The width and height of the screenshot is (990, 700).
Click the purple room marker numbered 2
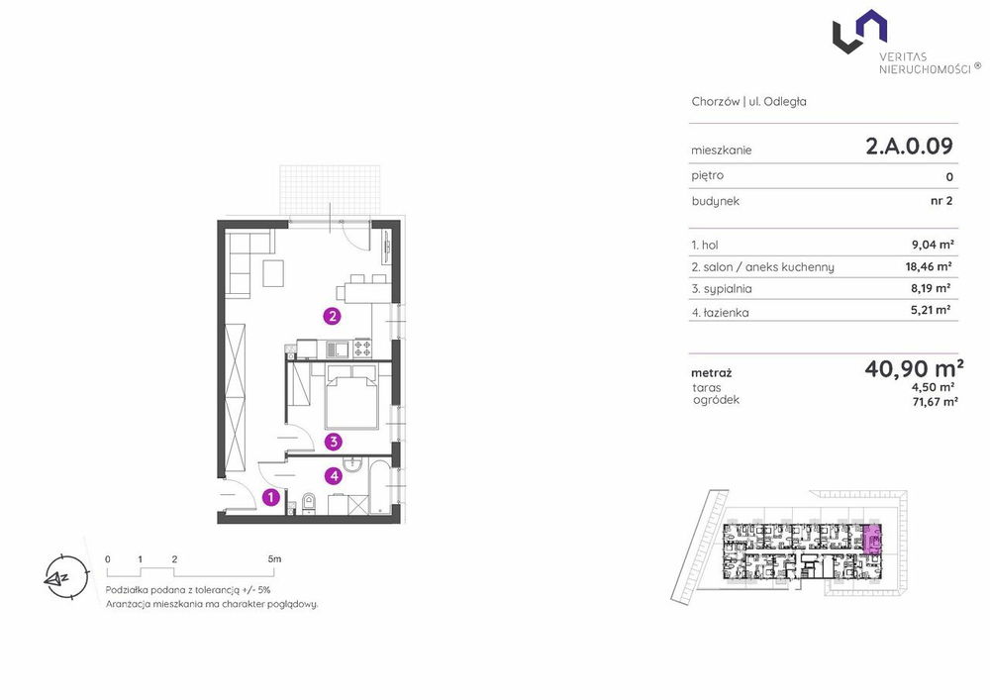coord(332,316)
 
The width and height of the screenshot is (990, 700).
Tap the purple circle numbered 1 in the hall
coord(271,497)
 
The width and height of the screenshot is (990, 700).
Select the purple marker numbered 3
coord(334,442)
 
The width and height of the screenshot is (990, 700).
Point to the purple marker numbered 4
coord(334,476)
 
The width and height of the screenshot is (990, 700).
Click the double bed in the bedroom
coord(351,398)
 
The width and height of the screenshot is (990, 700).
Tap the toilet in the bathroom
coord(309,503)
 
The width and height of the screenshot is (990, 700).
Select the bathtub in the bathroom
coord(380,488)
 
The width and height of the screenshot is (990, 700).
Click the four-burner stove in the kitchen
coord(362,348)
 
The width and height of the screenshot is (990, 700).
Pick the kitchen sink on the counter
coord(336,348)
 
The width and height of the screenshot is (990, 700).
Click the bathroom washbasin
coord(351,465)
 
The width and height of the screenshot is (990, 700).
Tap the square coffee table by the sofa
coord(273,272)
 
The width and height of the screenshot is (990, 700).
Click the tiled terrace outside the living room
coord(331,192)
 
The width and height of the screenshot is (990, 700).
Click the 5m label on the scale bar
coord(274,559)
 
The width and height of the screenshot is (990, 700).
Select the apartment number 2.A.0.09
coord(909,147)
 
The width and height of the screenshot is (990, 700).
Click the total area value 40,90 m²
coord(914,368)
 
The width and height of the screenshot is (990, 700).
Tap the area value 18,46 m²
coord(929,266)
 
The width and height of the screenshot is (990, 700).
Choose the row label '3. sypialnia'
coord(722,288)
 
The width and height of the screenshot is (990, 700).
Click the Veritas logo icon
coord(860,31)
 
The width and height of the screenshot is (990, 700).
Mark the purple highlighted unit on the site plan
coord(872,540)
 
